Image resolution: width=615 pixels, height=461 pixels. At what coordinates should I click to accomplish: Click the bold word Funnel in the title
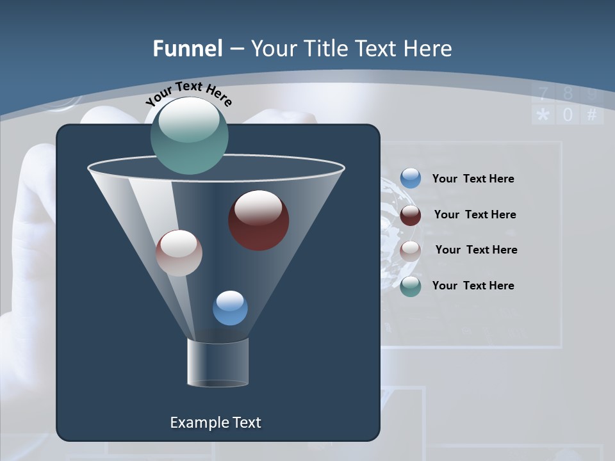(x=187, y=49)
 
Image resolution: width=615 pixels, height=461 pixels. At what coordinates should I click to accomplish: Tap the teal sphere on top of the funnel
(x=190, y=135)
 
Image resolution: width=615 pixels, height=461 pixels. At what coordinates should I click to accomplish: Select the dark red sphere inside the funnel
(x=259, y=220)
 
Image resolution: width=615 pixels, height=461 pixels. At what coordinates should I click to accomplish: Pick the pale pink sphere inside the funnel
(x=179, y=253)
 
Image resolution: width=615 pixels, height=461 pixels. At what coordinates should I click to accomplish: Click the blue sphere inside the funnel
(x=230, y=308)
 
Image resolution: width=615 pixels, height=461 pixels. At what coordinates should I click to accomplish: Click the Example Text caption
(x=215, y=423)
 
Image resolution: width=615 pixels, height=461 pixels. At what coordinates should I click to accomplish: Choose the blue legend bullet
(x=411, y=179)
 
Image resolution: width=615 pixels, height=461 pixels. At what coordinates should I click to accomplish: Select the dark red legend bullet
(x=411, y=215)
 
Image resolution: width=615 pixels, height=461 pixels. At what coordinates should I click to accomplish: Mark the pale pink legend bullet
(x=411, y=251)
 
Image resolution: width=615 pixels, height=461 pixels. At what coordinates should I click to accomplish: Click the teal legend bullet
(x=411, y=286)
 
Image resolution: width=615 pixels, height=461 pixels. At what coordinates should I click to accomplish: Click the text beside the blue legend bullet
(x=473, y=179)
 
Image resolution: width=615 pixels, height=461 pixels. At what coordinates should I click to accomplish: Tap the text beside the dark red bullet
(x=475, y=214)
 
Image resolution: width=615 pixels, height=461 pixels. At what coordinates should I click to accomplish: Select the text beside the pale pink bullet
(x=476, y=250)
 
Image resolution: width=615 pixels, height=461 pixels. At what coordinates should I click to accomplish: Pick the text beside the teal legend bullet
(x=473, y=286)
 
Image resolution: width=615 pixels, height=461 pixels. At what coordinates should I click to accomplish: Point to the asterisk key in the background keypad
(x=543, y=116)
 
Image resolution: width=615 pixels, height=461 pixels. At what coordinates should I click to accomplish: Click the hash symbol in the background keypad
(x=591, y=115)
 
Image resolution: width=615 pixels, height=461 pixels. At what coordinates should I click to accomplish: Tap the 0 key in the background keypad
(x=568, y=115)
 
